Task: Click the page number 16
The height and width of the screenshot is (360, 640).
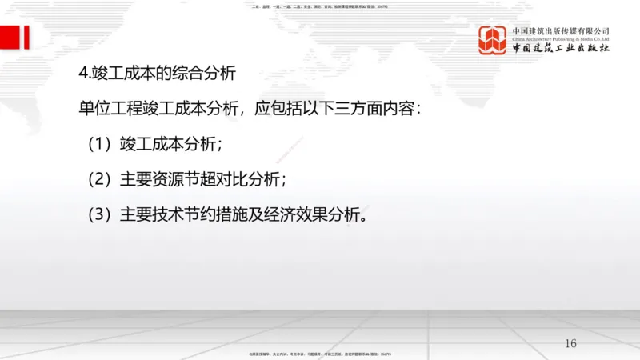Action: click(x=570, y=343)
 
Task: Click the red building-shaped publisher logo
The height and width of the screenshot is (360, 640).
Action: click(x=493, y=40)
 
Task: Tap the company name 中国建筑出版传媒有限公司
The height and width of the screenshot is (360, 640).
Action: click(x=561, y=30)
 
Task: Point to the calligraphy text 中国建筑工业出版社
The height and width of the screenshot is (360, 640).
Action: click(x=561, y=48)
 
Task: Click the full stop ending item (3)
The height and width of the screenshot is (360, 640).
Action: click(x=366, y=218)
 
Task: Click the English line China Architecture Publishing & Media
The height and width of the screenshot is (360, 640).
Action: click(x=561, y=38)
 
